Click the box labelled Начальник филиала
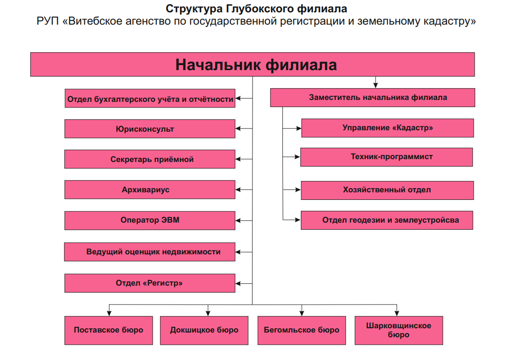[x=252, y=64]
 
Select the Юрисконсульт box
[x=150, y=129]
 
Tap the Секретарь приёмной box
[x=150, y=159]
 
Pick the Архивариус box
[x=150, y=189]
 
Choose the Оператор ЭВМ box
[x=150, y=220]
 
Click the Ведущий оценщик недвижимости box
[x=150, y=252]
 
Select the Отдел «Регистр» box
[x=150, y=283]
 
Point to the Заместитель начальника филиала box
[x=372, y=98]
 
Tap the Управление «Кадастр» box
[x=388, y=128]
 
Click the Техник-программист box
[x=387, y=157]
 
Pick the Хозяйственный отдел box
[x=387, y=190]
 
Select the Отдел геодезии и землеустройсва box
[x=387, y=220]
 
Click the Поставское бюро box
[x=108, y=330]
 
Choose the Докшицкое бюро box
[x=204, y=330]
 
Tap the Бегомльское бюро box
[x=302, y=330]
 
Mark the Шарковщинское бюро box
[x=398, y=330]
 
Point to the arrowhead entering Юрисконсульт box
[x=238, y=128]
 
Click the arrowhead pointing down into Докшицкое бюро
[x=208, y=313]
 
